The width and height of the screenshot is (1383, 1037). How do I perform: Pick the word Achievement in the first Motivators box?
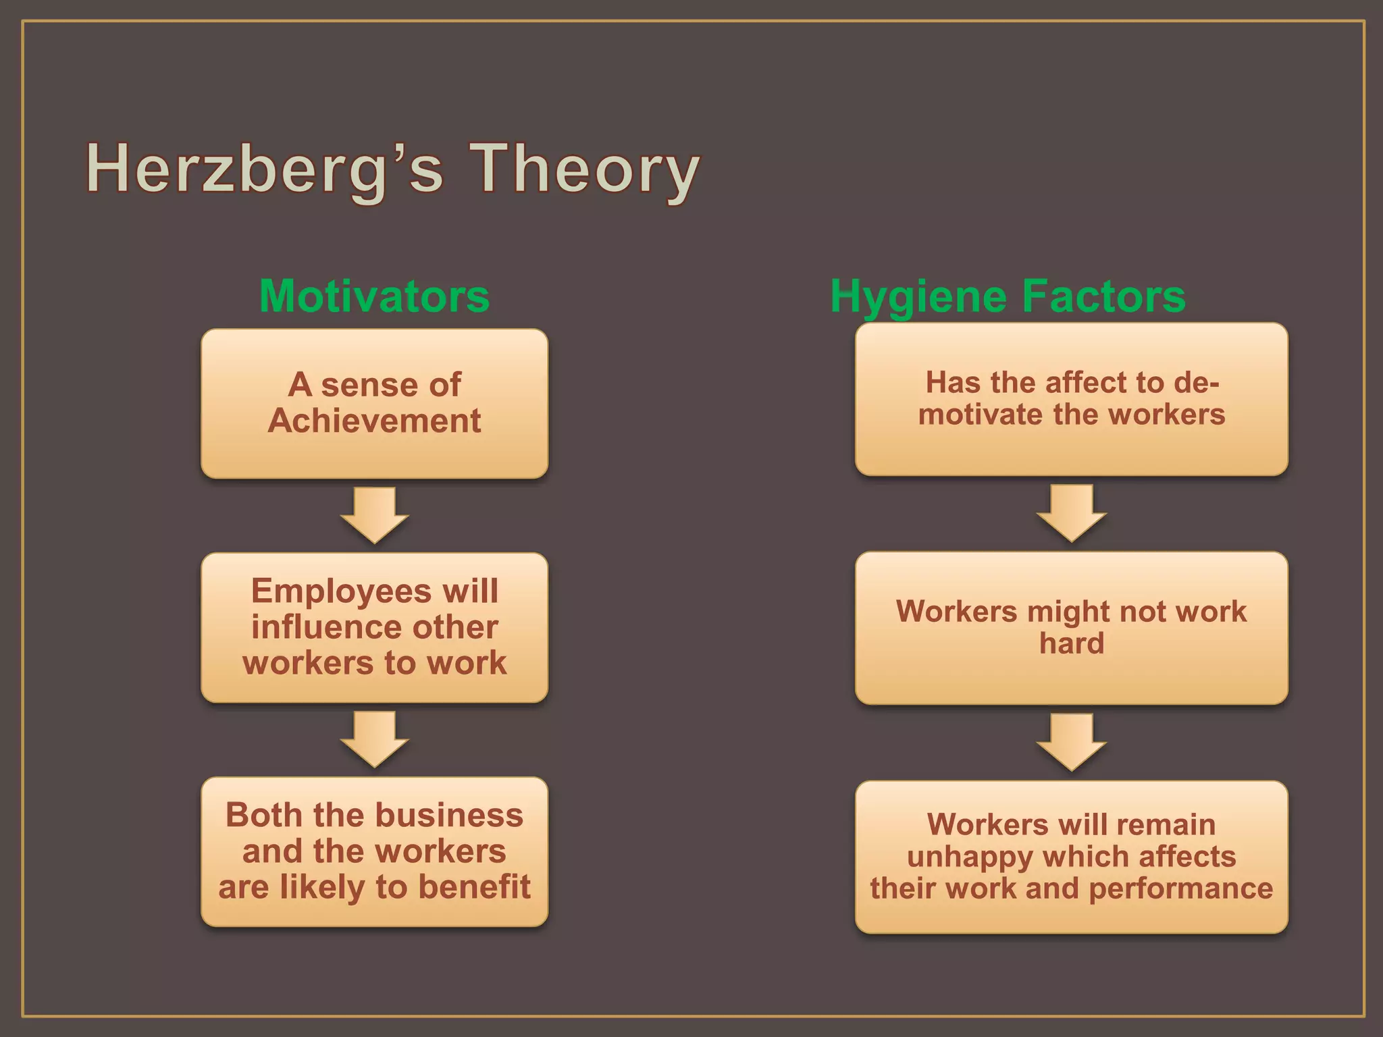374,421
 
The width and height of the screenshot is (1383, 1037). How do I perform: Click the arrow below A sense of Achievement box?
374,515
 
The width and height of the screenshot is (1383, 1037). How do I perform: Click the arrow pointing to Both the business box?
374,739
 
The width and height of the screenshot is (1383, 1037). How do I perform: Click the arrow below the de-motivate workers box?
1071,512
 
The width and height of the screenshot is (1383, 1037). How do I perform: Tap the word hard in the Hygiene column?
1072,643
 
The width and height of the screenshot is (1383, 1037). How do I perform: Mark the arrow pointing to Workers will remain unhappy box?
1071,742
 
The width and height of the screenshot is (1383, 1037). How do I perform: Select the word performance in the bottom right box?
1180,888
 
